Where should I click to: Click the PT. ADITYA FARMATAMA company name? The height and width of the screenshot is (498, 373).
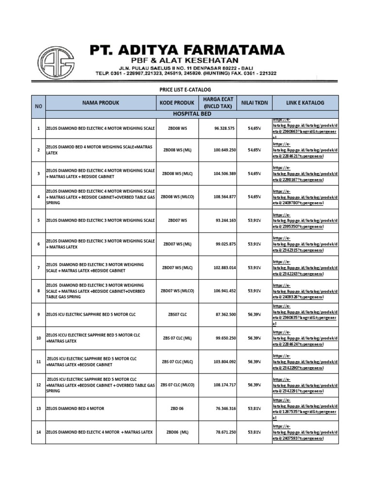point(187,50)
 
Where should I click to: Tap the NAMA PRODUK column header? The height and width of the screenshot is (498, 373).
point(101,103)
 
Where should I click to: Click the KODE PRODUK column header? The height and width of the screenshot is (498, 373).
point(177,103)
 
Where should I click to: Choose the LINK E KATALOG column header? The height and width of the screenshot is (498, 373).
point(305,103)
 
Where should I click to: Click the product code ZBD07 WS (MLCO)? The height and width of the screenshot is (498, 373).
point(177,291)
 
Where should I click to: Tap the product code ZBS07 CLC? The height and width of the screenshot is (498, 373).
point(177,315)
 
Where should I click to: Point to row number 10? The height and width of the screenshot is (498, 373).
point(38,338)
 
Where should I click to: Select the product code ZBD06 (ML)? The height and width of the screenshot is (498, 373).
point(177,432)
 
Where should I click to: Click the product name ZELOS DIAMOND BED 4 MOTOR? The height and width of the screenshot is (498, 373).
point(75,409)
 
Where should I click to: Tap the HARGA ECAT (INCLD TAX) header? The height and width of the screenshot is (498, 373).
point(218,103)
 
